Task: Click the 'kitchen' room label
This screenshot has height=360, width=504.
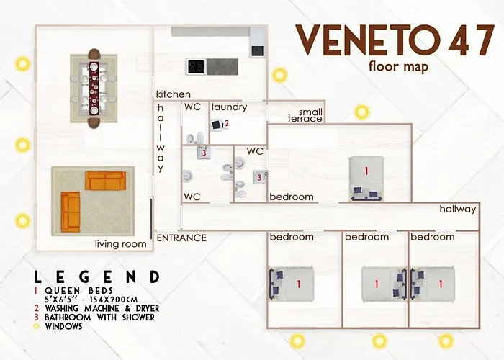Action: (174, 94)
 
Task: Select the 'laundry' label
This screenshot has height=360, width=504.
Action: (229, 107)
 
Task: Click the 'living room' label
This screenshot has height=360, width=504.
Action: (121, 244)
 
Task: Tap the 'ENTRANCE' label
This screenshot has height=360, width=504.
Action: (181, 238)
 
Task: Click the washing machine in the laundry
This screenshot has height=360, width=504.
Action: (216, 125)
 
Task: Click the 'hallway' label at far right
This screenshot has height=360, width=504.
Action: (458, 210)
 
